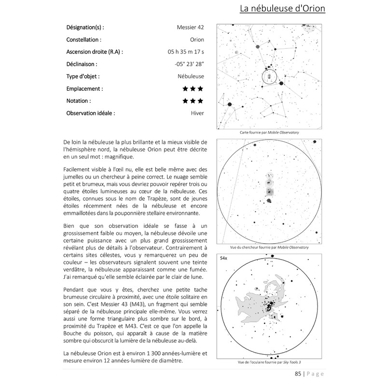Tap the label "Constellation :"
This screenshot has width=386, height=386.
(83, 40)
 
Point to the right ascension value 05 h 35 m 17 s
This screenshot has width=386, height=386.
(185, 52)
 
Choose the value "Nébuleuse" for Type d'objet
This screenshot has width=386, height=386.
(191, 76)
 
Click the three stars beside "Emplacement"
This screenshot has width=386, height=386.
(193, 89)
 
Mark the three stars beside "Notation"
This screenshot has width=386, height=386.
(193, 101)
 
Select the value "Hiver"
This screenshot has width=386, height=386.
(197, 114)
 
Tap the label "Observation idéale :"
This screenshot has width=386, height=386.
(90, 114)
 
